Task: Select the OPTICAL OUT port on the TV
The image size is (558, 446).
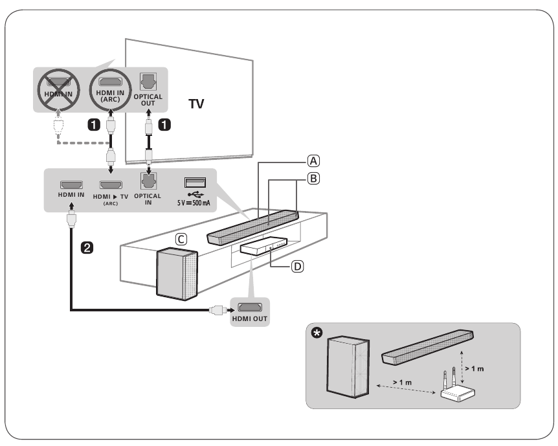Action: (x=150, y=82)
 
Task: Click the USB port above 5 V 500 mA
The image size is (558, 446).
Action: (x=193, y=183)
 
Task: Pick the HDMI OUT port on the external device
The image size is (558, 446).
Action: (x=249, y=306)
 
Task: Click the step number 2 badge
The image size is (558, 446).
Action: (x=84, y=246)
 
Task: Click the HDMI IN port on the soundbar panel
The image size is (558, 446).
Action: (x=71, y=184)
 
